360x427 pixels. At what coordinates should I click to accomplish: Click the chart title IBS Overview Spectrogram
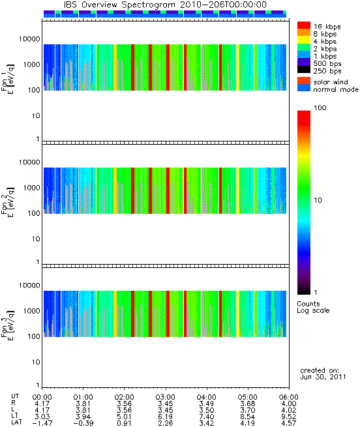click(x=119, y=5)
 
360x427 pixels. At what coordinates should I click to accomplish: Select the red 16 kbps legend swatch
click(x=304, y=25)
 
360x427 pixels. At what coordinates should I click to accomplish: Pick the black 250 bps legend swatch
click(x=304, y=70)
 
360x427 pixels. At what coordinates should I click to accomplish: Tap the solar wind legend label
click(x=331, y=82)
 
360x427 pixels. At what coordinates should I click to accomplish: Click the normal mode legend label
click(x=336, y=89)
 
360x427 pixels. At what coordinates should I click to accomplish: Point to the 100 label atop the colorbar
click(x=320, y=108)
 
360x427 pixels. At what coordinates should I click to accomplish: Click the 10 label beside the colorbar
click(x=318, y=200)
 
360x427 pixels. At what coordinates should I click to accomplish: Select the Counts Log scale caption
click(x=313, y=307)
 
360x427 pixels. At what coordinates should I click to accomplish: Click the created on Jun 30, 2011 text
click(x=323, y=374)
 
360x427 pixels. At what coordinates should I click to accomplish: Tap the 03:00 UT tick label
click(x=165, y=397)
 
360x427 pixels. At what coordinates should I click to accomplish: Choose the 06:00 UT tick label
click(x=289, y=397)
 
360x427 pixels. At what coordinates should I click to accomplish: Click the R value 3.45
click(x=165, y=404)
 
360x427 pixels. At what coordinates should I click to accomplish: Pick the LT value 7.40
click(x=206, y=417)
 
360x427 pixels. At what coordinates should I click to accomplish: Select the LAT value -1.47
click(x=42, y=424)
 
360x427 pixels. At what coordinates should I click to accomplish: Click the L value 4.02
click(x=289, y=410)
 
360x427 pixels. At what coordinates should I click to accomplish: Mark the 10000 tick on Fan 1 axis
click(x=29, y=39)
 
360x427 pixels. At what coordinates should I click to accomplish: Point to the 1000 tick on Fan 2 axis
click(x=31, y=188)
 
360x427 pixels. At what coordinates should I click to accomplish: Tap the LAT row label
click(x=16, y=423)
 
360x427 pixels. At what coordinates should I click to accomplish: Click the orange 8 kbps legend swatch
click(x=304, y=33)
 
